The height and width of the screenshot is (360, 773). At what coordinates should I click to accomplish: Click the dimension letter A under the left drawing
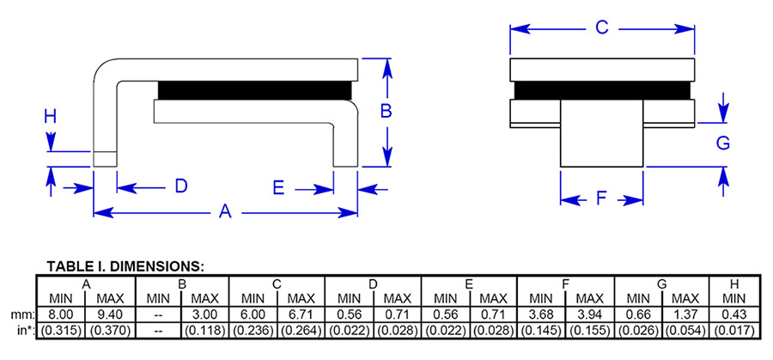(226, 211)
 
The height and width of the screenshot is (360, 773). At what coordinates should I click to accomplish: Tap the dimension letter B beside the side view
(386, 111)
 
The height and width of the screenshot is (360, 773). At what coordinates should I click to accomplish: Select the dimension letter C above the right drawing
(602, 27)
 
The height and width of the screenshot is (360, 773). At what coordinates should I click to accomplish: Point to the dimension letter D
(181, 186)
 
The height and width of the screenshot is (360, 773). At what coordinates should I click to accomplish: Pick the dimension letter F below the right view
(601, 199)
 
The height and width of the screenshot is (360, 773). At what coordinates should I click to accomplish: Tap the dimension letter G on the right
(723, 143)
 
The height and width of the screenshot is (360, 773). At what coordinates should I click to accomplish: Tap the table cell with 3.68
(540, 314)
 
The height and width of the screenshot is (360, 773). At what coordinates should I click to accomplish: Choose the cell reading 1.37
(685, 314)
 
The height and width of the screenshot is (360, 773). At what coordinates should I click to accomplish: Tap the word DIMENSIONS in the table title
(161, 265)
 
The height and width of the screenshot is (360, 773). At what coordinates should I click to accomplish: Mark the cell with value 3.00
(204, 314)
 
